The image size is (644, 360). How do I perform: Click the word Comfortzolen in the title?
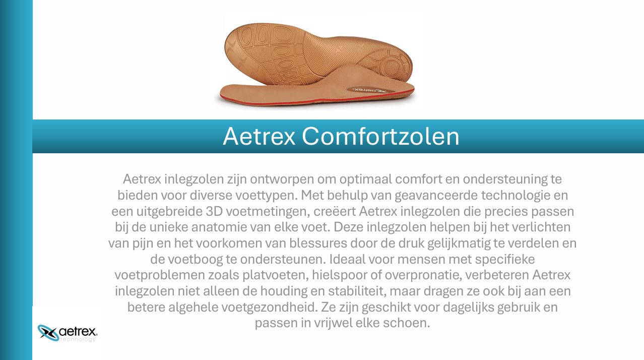[x=380, y=137]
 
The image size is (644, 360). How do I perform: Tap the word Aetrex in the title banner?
[x=259, y=137]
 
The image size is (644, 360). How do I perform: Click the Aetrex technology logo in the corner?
[x=68, y=333]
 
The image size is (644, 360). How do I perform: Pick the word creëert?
[x=335, y=211]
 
